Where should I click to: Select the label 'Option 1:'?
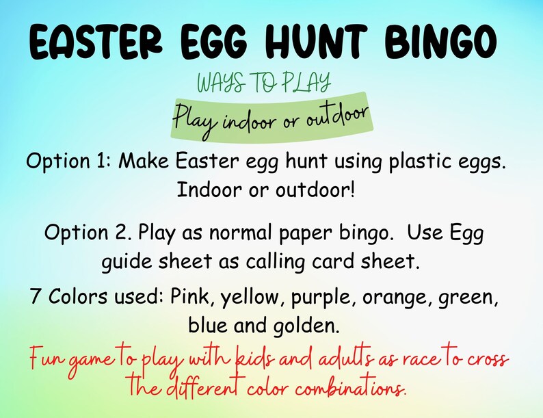tap(68, 161)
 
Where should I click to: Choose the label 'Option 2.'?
tap(88, 233)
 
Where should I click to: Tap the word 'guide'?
tap(128, 261)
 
